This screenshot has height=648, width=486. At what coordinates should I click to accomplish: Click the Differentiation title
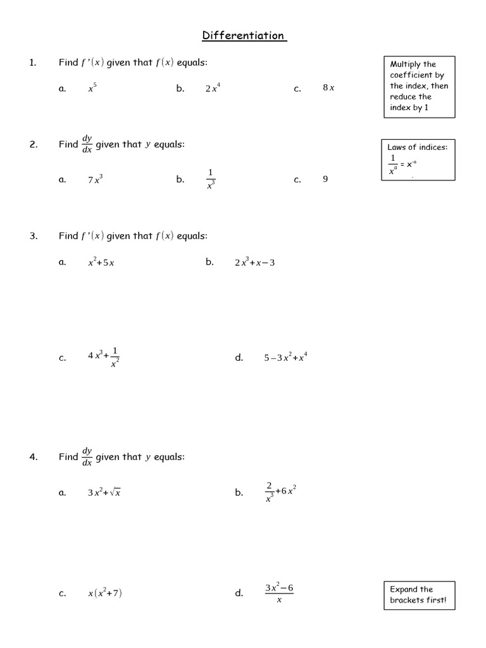244,36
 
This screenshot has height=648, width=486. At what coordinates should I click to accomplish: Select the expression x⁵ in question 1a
92,88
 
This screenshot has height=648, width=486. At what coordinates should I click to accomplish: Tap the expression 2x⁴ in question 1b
213,88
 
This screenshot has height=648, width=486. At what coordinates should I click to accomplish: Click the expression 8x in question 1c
328,88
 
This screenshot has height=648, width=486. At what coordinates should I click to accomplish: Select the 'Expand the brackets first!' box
418,595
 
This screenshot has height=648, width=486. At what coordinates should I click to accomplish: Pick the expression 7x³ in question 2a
95,179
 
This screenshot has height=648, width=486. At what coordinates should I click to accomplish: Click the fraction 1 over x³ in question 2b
211,179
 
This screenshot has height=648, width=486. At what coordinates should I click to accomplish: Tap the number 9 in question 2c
325,179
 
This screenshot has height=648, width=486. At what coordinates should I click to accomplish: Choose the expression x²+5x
101,262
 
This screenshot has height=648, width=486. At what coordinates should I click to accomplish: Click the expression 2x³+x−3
254,262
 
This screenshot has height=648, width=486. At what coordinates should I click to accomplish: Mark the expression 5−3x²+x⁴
285,358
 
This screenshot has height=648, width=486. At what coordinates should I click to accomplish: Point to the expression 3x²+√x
104,492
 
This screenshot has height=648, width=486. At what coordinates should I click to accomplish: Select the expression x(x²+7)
105,593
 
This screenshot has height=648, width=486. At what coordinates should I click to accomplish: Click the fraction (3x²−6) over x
279,593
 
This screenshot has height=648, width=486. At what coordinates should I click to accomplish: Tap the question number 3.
34,236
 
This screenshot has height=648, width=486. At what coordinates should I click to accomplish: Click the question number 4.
34,457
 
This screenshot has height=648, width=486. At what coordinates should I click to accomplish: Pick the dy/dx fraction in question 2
87,144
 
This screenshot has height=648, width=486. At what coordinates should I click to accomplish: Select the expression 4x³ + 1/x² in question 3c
104,358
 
